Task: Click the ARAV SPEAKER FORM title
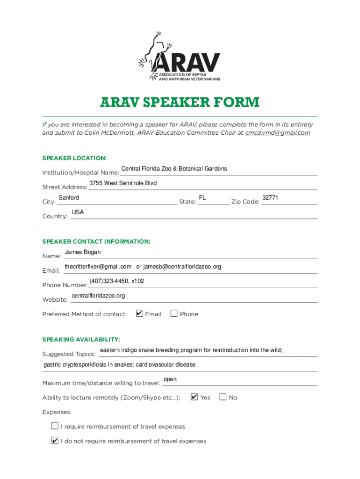tap(180, 102)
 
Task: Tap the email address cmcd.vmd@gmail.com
tap(278, 133)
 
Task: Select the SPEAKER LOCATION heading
tap(74, 158)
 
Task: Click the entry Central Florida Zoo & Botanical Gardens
tap(174, 169)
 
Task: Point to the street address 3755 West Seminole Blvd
tap(123, 183)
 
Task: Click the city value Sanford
tap(69, 198)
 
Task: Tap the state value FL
tap(202, 198)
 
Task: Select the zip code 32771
tap(270, 198)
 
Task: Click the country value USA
tap(78, 212)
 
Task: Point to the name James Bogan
tap(82, 253)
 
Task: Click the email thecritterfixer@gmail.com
tap(98, 267)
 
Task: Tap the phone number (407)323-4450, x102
tap(116, 281)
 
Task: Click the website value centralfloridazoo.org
tap(98, 296)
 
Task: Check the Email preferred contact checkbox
tap(139, 313)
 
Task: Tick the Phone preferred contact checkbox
tap(174, 313)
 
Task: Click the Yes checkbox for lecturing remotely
tap(194, 397)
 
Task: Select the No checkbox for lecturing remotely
tap(223, 397)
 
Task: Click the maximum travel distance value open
tap(170, 379)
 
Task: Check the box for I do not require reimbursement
tap(55, 441)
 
